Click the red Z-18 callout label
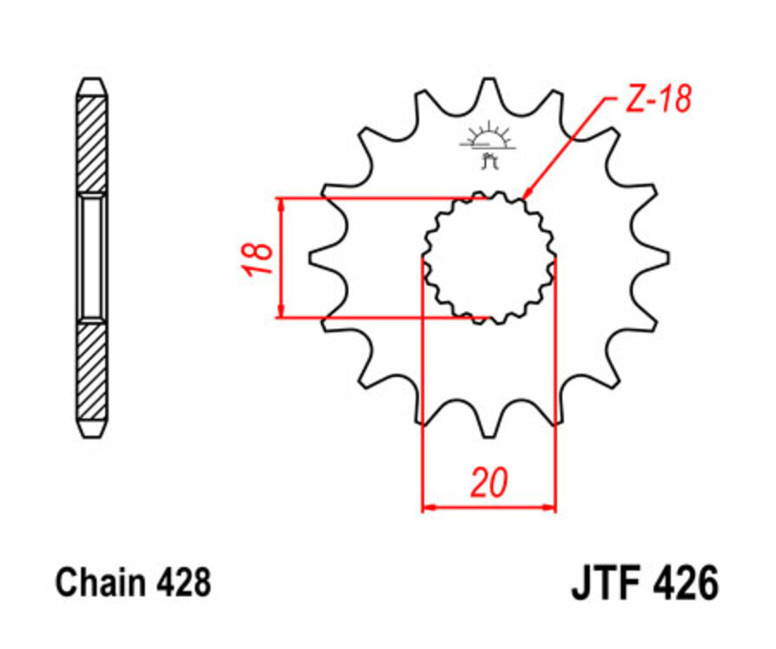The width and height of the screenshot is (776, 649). coord(657,100)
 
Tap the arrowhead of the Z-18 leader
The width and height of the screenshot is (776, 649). coord(528,195)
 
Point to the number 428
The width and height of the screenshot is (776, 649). coord(182,583)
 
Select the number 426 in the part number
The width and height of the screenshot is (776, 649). coord(685,583)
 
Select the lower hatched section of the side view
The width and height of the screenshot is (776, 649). coord(92,371)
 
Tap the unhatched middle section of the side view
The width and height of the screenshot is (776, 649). coord(92,257)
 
